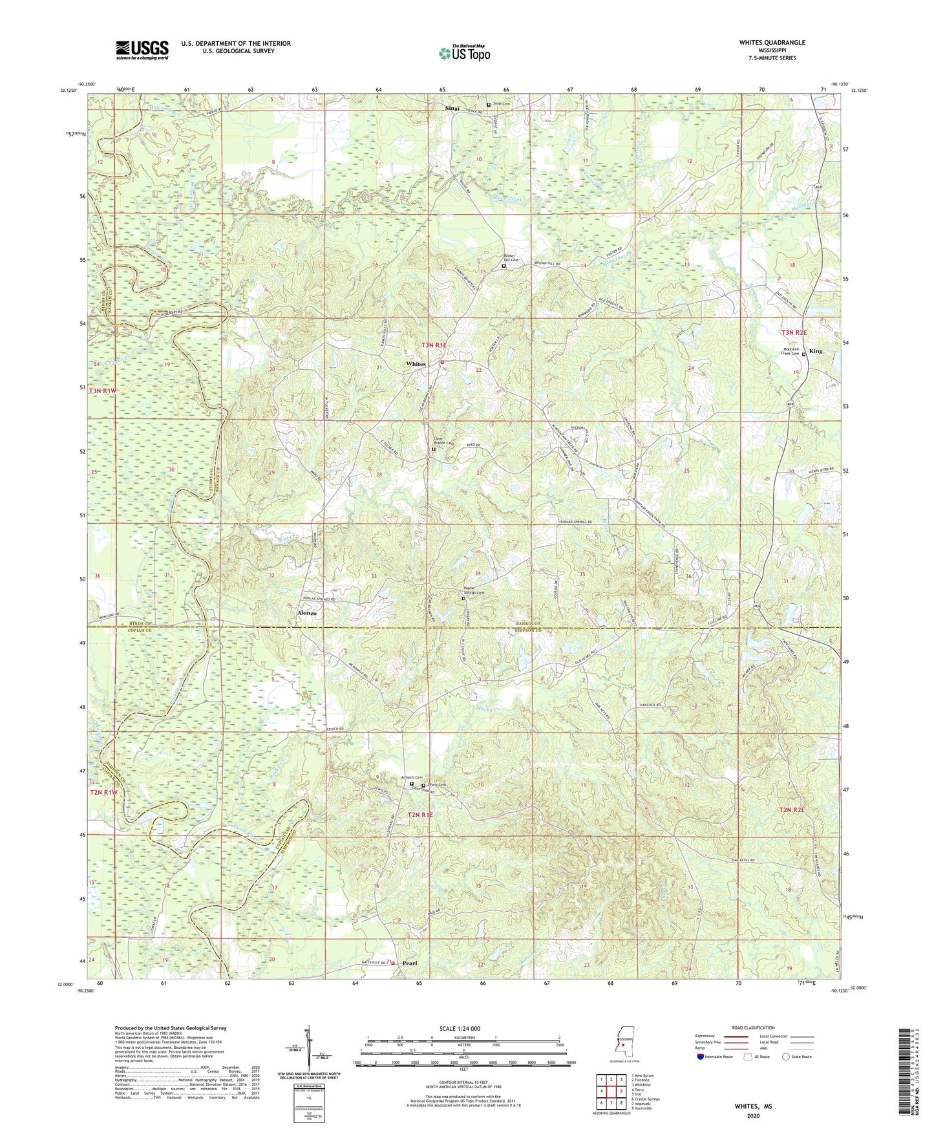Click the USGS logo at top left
click(x=142, y=49)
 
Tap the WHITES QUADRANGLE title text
click(x=772, y=43)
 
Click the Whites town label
click(x=416, y=364)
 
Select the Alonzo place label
click(x=306, y=612)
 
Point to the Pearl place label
click(x=410, y=963)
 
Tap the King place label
click(x=816, y=351)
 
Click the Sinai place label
click(x=452, y=109)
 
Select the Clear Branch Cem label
click(x=442, y=441)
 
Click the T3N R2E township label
click(x=794, y=332)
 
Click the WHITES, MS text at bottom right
click(x=753, y=1106)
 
